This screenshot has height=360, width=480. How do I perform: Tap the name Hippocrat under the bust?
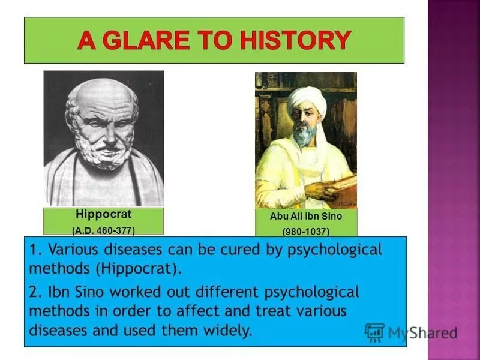(x=95, y=214)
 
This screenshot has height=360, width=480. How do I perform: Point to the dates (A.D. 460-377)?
(x=103, y=230)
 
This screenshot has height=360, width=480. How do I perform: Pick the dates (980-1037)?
(x=306, y=231)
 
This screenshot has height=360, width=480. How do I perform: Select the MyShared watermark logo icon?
(x=374, y=332)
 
